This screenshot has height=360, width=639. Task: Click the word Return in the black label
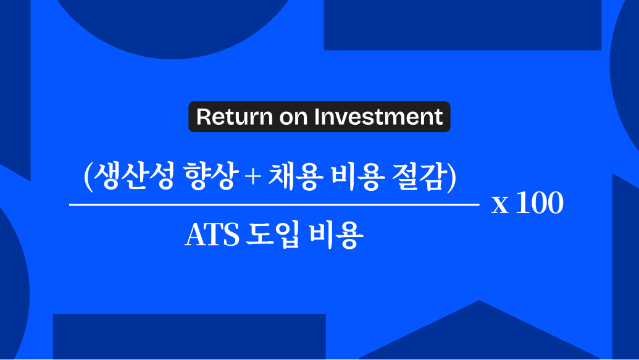click(x=234, y=117)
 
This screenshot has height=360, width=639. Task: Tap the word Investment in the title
click(x=378, y=117)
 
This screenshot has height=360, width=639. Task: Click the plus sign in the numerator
click(x=253, y=177)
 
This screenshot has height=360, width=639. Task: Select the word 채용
click(x=296, y=176)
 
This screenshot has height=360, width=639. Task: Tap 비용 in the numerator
click(x=357, y=176)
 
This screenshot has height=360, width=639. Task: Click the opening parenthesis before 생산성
click(x=88, y=177)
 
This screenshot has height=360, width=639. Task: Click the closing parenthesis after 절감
click(x=451, y=177)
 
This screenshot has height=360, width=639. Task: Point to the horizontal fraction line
click(x=274, y=204)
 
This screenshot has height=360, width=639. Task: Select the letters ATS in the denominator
click(x=212, y=235)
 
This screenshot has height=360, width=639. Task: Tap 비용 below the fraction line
click(x=336, y=235)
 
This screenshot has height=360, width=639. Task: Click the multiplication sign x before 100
click(x=500, y=204)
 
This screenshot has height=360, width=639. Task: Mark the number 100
click(x=540, y=203)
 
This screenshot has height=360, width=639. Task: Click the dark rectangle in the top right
click(x=462, y=25)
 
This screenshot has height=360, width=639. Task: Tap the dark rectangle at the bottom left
click(x=190, y=337)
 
